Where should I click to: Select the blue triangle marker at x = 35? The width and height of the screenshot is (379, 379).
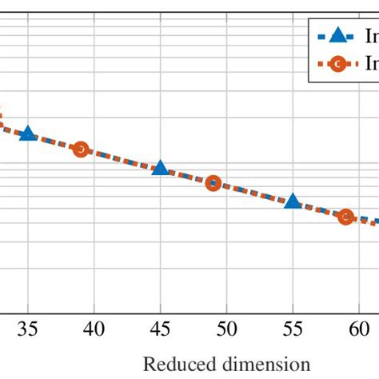[x=28, y=134]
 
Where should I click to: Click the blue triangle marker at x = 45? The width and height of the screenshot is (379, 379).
[x=161, y=168]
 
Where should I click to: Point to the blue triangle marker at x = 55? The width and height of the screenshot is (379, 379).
[x=293, y=201]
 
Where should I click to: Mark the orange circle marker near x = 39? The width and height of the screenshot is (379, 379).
[x=80, y=149]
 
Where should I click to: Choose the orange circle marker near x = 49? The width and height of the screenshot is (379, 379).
[x=213, y=182]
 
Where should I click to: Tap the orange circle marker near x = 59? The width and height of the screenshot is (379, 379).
[x=345, y=217]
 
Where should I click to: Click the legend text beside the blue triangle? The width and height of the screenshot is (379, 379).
[x=371, y=35]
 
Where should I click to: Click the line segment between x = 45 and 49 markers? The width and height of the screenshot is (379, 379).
[x=186, y=175]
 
